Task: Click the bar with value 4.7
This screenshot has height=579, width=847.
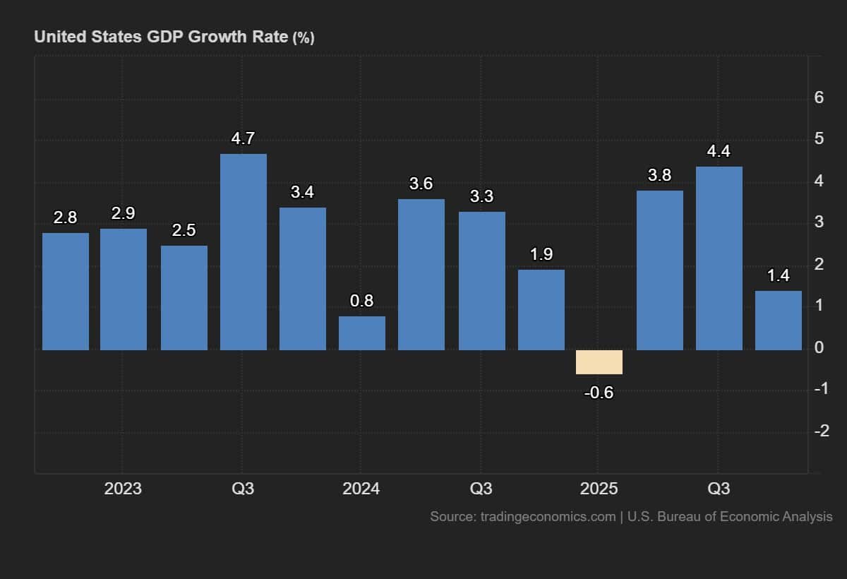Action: [244, 252]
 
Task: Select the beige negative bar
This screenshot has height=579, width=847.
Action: [599, 362]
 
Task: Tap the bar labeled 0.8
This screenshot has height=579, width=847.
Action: [362, 333]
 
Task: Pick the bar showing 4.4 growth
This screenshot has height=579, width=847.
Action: [719, 258]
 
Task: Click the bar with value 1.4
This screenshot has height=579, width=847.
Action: [778, 320]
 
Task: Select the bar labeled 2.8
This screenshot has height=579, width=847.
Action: [66, 291]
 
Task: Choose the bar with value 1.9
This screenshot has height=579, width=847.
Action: [541, 309]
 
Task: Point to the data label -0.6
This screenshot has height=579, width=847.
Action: [599, 393]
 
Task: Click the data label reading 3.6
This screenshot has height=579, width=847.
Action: [421, 184]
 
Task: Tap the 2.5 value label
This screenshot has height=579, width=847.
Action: [184, 230]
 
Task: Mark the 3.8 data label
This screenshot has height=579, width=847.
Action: [659, 175]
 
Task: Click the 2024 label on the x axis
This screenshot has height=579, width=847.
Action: [360, 489]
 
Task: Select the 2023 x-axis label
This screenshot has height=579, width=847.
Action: [123, 489]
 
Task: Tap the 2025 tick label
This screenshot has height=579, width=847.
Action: [599, 489]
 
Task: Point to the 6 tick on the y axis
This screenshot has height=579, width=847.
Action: [819, 97]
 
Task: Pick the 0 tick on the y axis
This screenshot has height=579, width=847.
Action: [819, 347]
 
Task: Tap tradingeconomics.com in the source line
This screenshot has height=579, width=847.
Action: [548, 517]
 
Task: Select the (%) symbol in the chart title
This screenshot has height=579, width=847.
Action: [303, 38]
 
